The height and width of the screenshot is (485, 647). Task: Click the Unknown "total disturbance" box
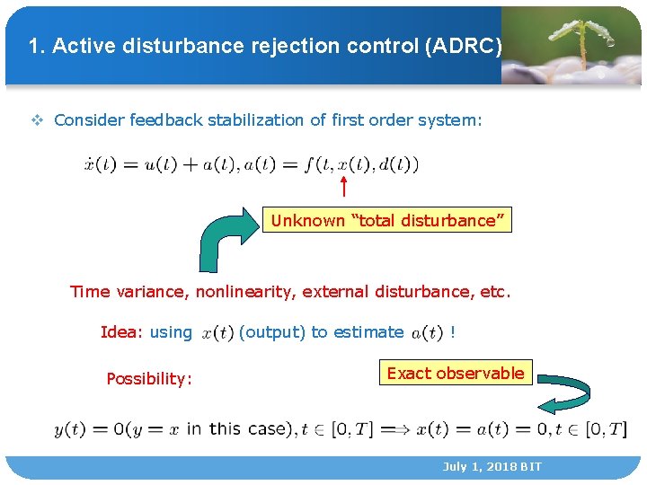pos(387,220)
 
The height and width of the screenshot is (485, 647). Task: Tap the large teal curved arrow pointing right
pos(225,238)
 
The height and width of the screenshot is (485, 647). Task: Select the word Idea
pos(118,332)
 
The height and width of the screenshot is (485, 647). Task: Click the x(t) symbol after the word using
pos(217,333)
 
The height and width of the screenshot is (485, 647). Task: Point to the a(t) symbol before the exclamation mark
pos(427,333)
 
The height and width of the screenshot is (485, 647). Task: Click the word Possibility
pos(148,378)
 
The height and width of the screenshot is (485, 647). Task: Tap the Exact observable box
pos(456,373)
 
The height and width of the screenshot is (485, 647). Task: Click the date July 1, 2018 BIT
pos(492,467)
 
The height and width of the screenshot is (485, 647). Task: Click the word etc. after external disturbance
pos(494,291)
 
